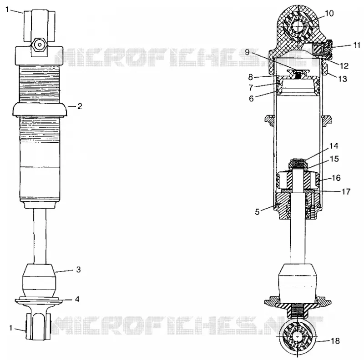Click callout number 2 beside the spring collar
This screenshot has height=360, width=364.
point(80,106)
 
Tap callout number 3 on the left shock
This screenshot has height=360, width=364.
point(78,270)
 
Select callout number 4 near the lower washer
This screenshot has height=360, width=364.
point(77,299)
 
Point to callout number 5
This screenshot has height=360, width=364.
point(257,212)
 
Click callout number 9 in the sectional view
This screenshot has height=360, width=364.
point(247,52)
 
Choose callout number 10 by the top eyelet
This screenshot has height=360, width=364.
point(329,14)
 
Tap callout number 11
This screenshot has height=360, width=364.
point(357,45)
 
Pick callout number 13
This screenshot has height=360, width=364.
point(343,79)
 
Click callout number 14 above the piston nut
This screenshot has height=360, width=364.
point(334,145)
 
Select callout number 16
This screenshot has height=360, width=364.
point(336,178)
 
